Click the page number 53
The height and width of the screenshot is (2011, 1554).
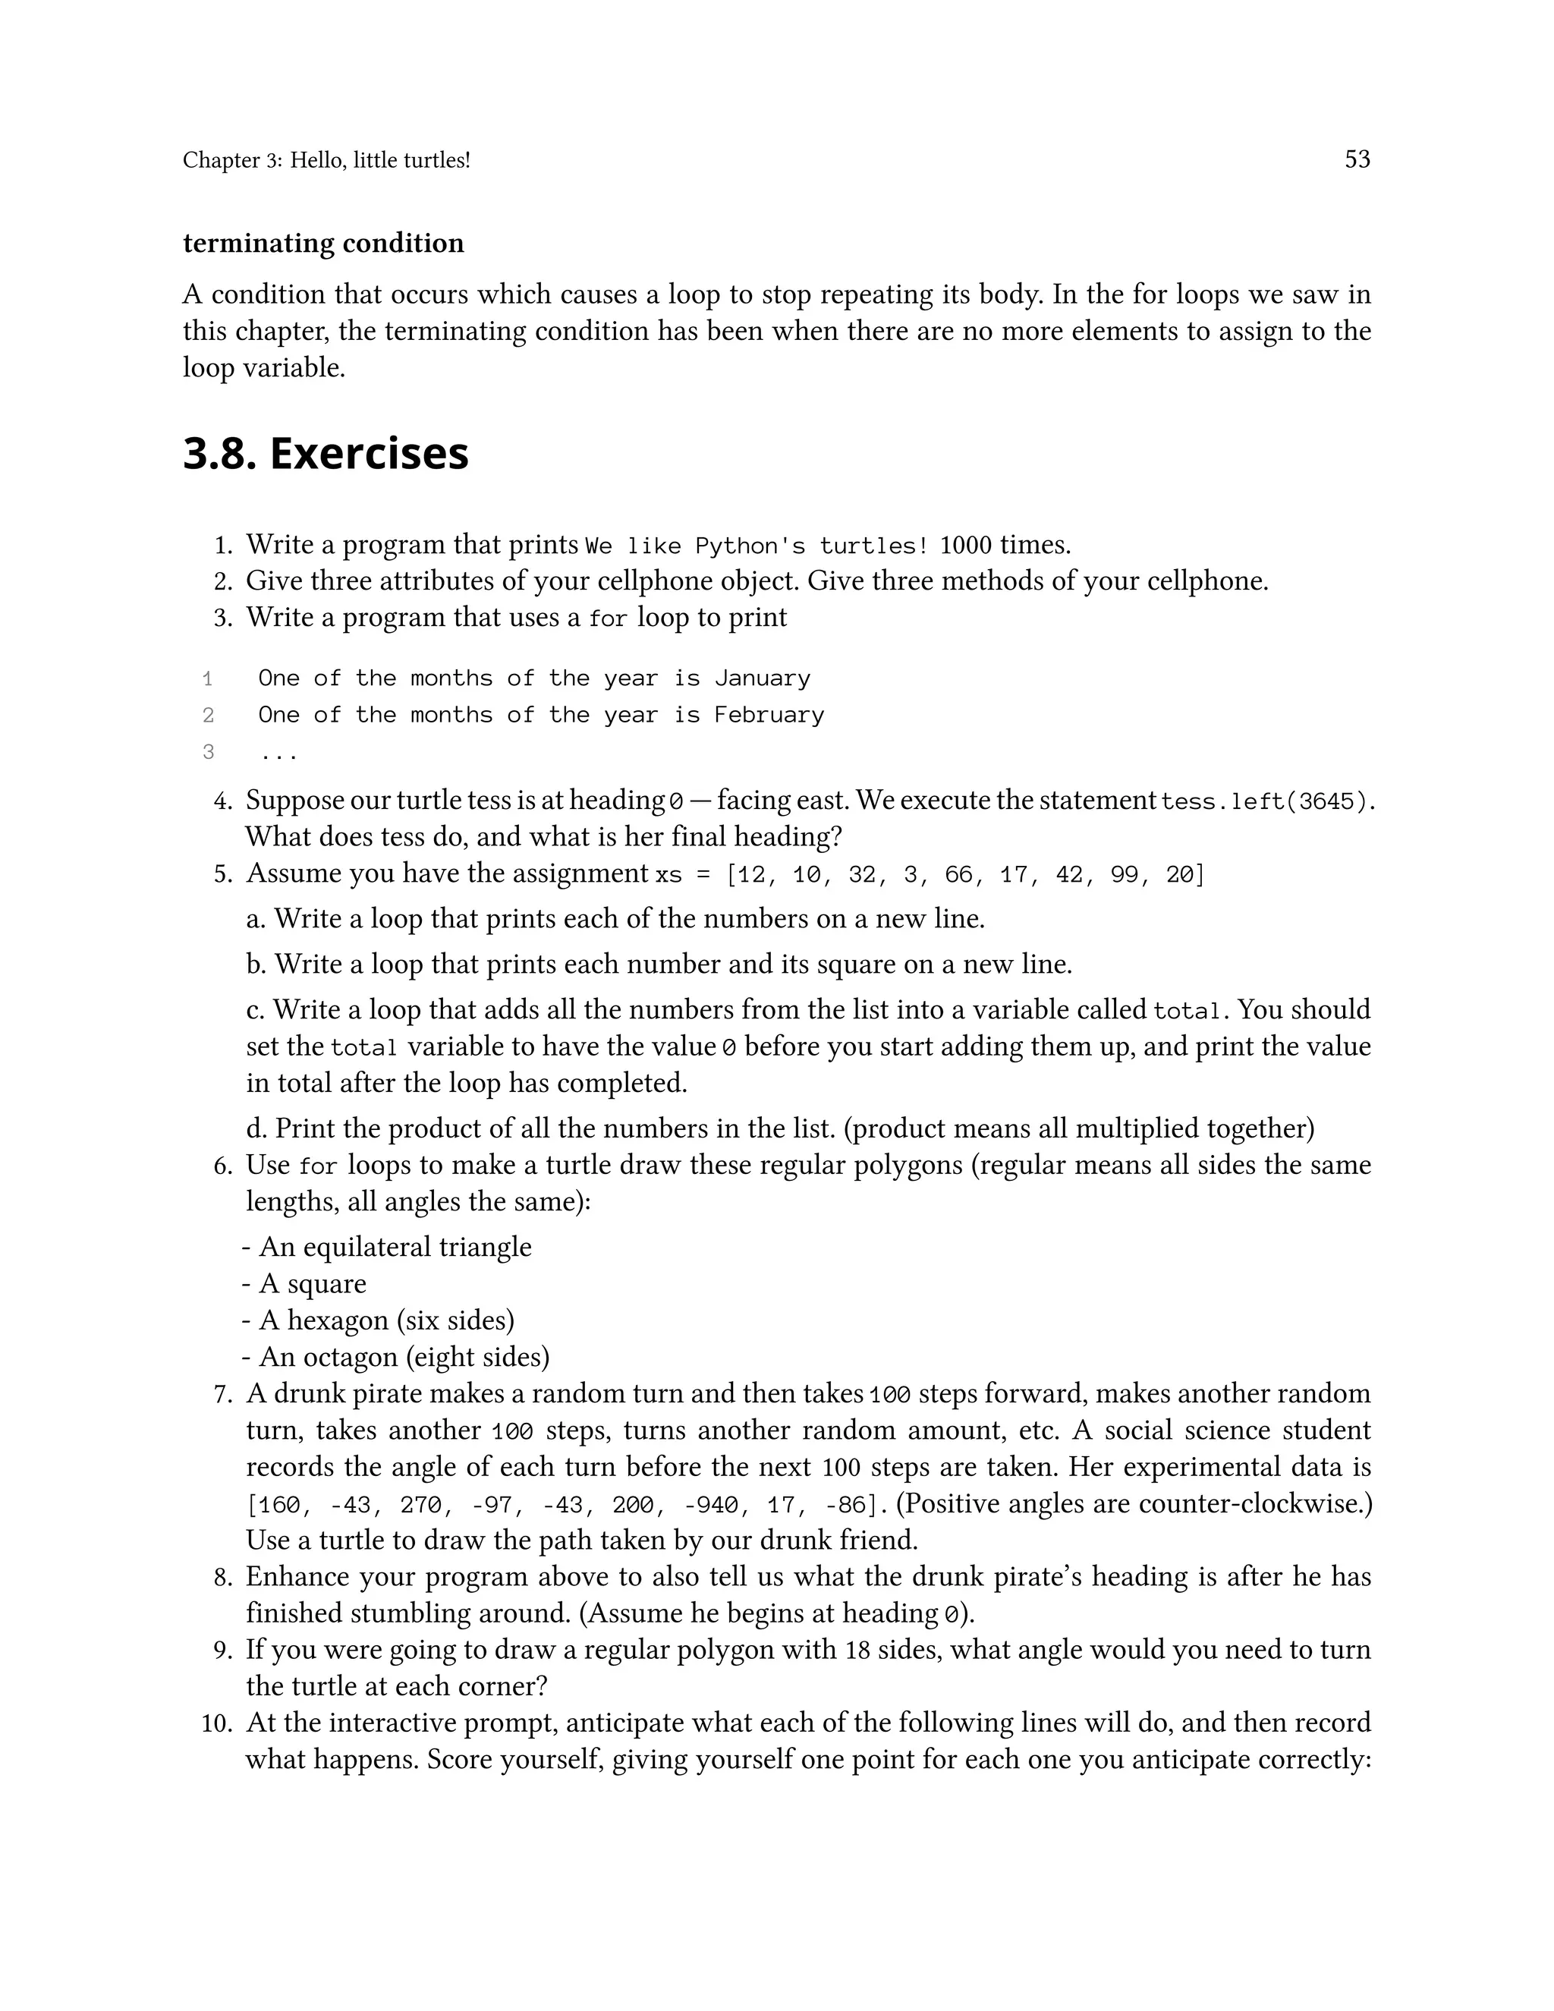coord(1357,159)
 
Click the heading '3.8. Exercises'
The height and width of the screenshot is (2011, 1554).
coord(326,453)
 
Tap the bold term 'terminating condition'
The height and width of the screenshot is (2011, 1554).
coord(323,243)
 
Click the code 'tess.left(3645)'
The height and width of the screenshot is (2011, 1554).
coord(1264,802)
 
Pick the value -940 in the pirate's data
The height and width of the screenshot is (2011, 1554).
coord(709,1506)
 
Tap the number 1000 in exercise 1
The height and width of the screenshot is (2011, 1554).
coord(966,546)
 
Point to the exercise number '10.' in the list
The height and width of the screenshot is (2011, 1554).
coord(217,1723)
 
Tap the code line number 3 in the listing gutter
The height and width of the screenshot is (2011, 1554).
coord(208,752)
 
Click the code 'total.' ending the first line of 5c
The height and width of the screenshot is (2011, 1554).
coord(1191,1011)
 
